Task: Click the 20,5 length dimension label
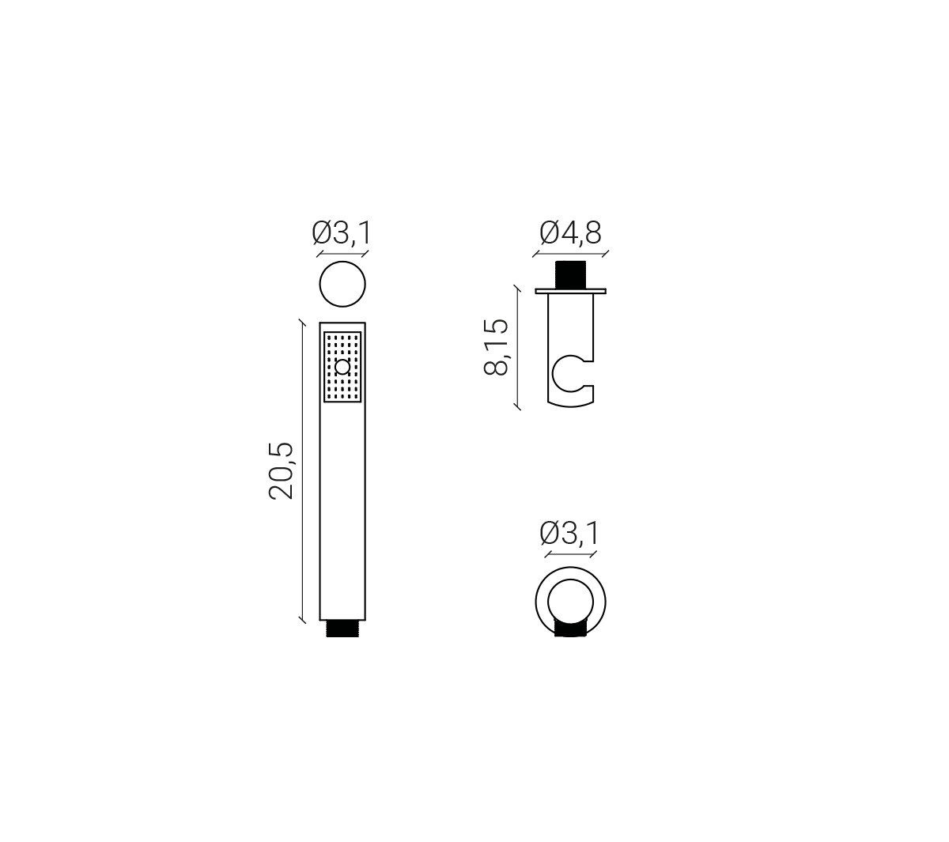pos(281,470)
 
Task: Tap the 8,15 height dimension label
pos(496,347)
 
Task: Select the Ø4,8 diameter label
pos(570,232)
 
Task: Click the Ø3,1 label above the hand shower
pos(342,232)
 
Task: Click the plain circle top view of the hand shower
pos(342,285)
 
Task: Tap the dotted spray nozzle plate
pos(342,367)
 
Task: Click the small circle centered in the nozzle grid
pos(343,367)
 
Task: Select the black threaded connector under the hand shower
pos(342,629)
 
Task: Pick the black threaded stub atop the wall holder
pos(570,275)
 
